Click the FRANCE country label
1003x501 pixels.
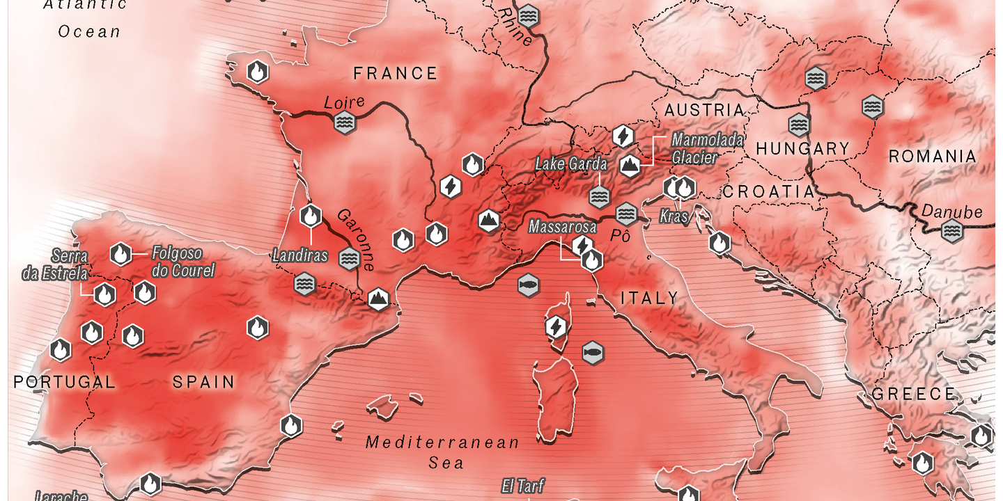[x=395, y=74]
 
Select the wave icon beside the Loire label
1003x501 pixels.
[x=344, y=123]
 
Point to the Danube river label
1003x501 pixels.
[x=951, y=212]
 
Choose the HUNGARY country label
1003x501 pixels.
[x=802, y=149]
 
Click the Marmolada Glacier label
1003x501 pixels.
[x=697, y=149]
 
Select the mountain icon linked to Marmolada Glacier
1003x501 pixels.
[x=630, y=165]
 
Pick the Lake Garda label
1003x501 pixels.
[x=571, y=165]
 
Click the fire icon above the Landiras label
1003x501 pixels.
[x=311, y=216]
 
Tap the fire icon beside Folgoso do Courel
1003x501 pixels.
[x=121, y=255]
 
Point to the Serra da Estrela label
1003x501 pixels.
[x=55, y=264]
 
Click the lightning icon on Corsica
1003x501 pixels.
[x=556, y=326]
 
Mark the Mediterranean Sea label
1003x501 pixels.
[x=443, y=452]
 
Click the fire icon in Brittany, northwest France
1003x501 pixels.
[x=258, y=71]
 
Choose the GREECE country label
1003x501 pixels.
[x=914, y=394]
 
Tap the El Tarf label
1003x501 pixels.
[x=522, y=486]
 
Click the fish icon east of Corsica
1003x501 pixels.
[x=592, y=352]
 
